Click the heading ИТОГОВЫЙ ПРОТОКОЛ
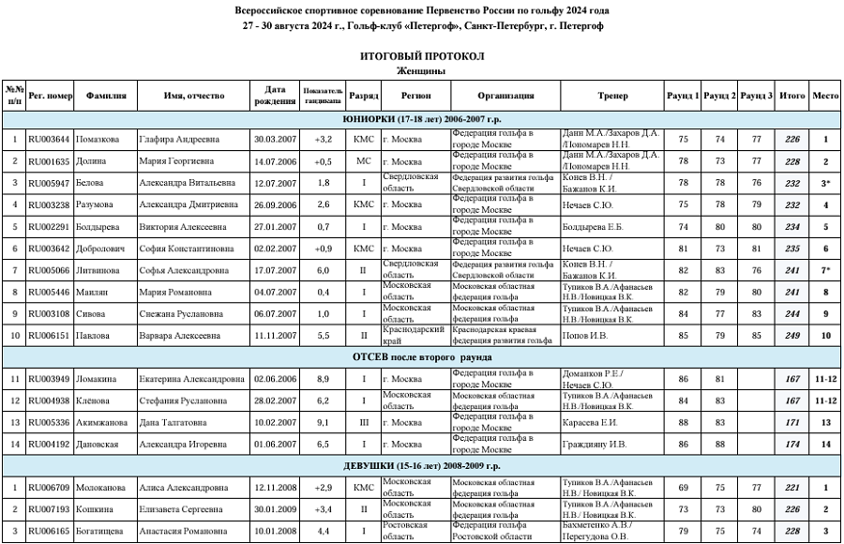coord(421,56)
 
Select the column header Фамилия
coord(106,96)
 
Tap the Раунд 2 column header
coord(719,96)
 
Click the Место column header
coord(825,96)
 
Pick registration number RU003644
coord(50,140)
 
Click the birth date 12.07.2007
coord(275,183)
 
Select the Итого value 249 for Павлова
coord(792,335)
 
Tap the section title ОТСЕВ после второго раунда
coord(421,357)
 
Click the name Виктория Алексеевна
coord(180,226)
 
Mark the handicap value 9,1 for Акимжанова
coord(323,422)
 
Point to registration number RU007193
coord(50,509)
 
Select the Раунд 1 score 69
coord(683,488)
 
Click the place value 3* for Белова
coord(825,183)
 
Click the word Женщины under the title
coord(421,70)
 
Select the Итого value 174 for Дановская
coord(792,444)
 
